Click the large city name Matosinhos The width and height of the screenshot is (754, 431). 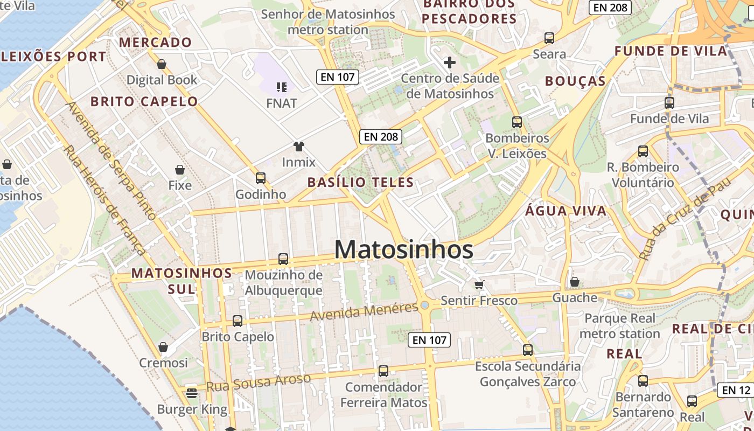pos(404,249)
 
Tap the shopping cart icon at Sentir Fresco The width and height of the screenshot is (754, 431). pos(479,284)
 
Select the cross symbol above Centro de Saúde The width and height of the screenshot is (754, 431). pos(450,62)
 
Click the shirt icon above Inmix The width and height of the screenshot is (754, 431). pos(299,146)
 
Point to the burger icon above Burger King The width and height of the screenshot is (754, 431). pos(192,393)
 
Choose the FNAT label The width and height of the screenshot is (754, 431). pos(282,103)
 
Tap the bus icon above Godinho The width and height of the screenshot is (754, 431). pos(261,178)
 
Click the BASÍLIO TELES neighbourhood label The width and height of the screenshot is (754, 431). pos(361,182)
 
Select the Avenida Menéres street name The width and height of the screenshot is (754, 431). pos(365,311)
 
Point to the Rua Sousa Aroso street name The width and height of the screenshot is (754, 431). pos(259,382)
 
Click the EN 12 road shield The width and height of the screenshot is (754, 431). pos(736,390)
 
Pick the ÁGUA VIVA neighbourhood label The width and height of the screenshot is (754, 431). pos(566,211)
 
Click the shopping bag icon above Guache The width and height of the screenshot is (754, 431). pos(575,282)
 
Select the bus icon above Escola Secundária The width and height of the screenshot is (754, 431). pos(528,350)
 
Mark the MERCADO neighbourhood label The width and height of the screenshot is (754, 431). pos(156,43)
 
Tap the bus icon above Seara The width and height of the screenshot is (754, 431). pos(549,38)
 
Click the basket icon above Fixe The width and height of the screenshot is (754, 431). pos(180,170)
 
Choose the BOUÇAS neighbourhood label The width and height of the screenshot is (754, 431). pos(575,81)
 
